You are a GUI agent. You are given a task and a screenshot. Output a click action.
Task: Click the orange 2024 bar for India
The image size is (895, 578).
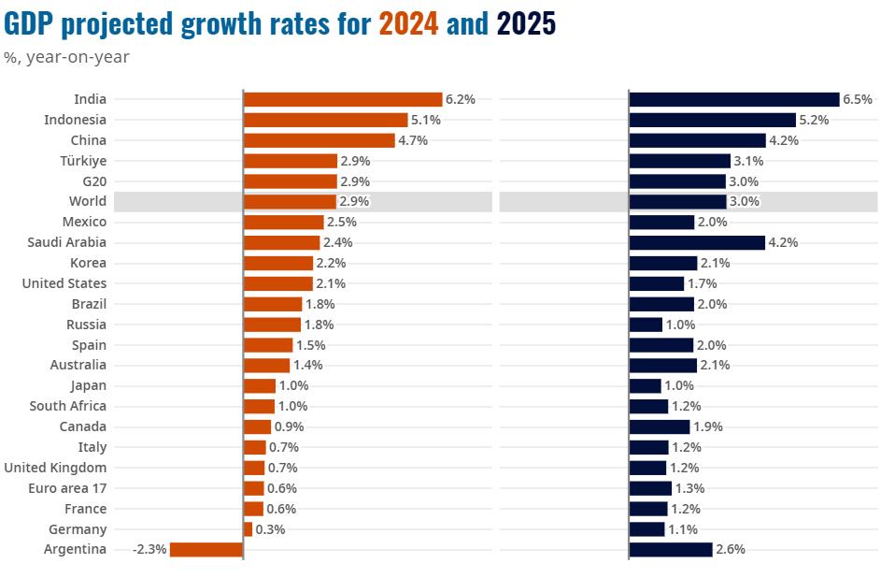[342, 99]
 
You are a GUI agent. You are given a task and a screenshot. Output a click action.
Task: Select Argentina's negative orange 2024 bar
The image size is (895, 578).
[206, 550]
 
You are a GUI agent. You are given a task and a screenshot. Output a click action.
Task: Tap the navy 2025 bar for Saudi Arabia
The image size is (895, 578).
[697, 242]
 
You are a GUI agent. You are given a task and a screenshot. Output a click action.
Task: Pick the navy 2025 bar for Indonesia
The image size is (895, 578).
[712, 120]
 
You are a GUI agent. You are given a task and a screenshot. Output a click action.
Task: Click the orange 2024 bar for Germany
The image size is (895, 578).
[248, 529]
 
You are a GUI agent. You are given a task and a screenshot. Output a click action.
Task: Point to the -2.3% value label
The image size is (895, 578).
[149, 550]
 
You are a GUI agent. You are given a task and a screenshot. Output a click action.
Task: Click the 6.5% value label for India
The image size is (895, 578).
[858, 99]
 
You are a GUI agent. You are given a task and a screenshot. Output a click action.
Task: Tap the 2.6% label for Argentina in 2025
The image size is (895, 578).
[731, 550]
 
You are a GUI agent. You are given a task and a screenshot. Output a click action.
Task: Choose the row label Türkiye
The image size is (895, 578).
[83, 161]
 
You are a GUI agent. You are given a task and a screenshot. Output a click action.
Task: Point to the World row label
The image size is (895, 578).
[88, 201]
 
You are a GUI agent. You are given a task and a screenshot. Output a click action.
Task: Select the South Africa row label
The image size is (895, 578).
[68, 406]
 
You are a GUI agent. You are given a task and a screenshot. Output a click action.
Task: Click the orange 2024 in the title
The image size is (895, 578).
[408, 23]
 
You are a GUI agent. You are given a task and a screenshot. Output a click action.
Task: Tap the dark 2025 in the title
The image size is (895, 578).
[526, 23]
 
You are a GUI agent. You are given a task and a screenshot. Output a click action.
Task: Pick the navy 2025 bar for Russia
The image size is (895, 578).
[646, 325]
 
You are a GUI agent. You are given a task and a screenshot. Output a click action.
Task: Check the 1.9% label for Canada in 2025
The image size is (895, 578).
[707, 426]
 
